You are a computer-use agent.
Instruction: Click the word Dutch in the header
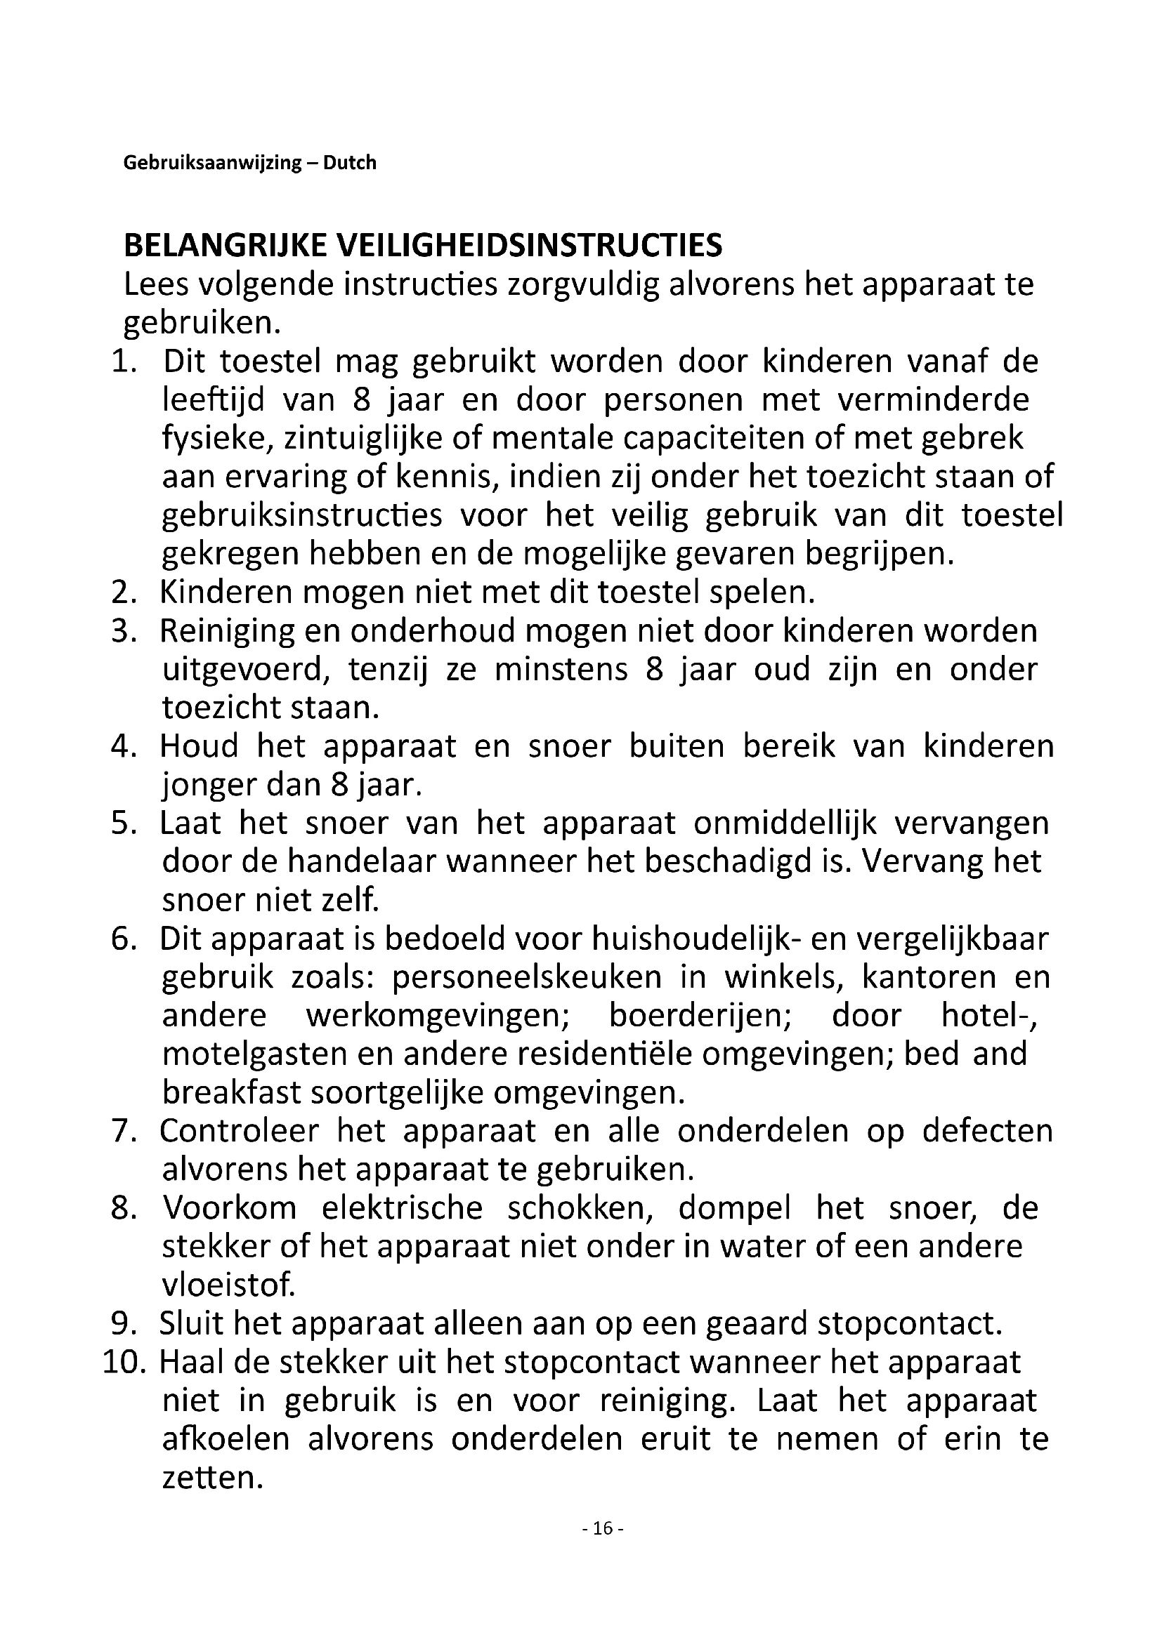coord(349,163)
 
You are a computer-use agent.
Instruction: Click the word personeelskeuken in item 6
coord(527,978)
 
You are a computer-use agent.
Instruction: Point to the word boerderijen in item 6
coord(700,1016)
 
